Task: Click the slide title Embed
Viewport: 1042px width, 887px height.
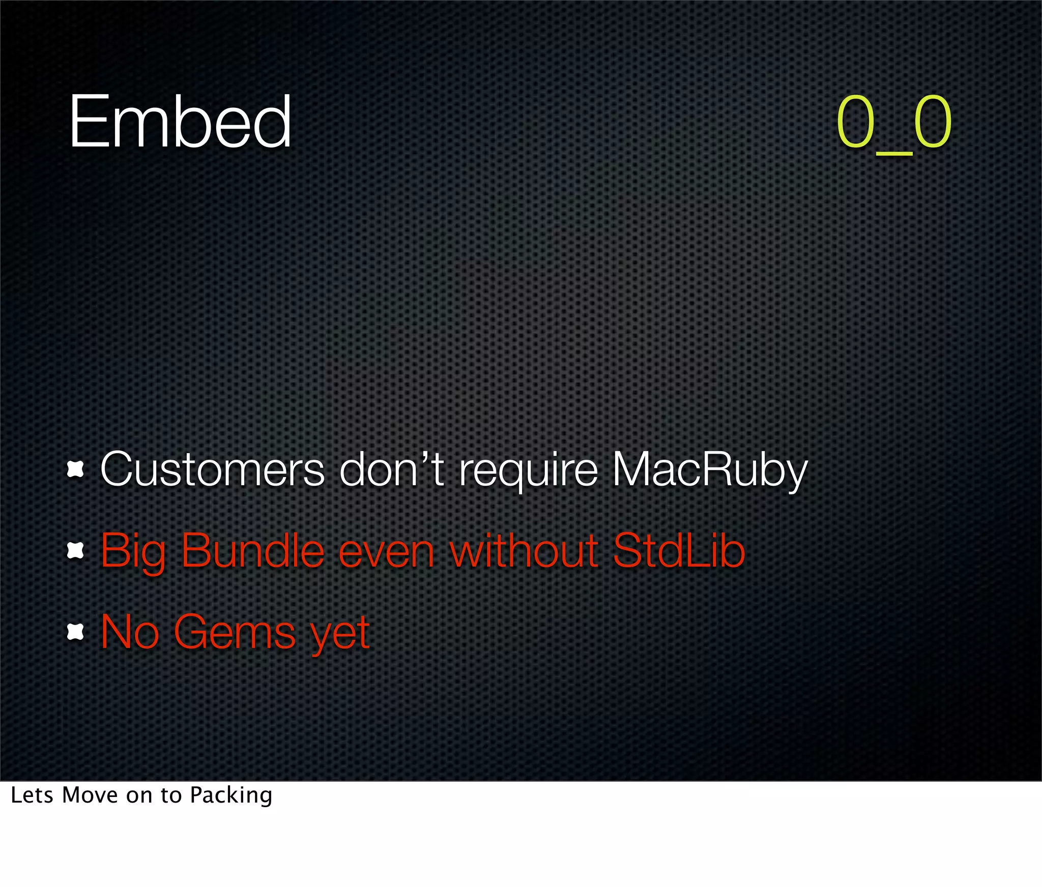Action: point(180,122)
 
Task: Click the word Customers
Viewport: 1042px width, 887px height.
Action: point(212,469)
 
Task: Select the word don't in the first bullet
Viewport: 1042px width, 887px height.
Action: point(392,469)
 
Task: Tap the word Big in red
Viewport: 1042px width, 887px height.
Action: point(133,552)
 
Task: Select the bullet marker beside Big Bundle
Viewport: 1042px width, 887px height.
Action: point(75,551)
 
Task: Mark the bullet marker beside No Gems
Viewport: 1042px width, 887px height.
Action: point(75,632)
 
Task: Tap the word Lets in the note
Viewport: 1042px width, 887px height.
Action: point(32,795)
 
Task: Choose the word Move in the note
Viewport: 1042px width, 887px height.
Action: point(90,795)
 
